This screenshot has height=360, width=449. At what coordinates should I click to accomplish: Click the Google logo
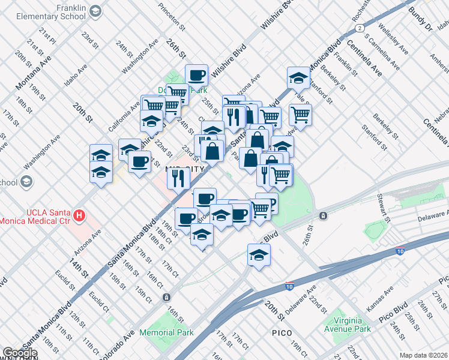click(20, 353)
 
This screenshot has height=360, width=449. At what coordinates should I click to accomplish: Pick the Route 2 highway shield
click(359, 28)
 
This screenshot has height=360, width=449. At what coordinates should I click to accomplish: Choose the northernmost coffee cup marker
click(196, 76)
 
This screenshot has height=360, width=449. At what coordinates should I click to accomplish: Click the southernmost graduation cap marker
click(259, 255)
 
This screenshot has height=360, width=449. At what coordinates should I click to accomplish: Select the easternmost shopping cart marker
click(300, 114)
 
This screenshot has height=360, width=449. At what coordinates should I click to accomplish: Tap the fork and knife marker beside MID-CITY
click(178, 178)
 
